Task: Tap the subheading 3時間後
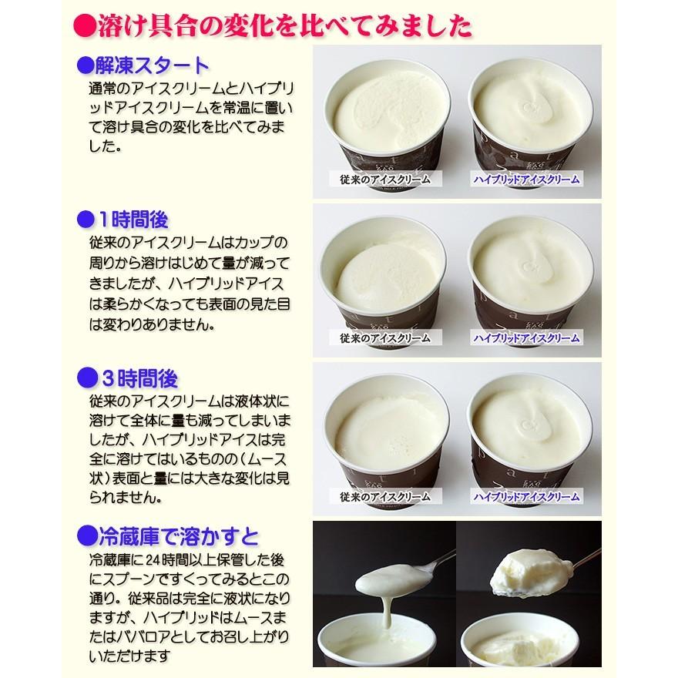pos(139,378)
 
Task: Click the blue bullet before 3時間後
pos(86,378)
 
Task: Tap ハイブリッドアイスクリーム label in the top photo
pos(526,180)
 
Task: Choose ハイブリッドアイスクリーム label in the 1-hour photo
pos(526,338)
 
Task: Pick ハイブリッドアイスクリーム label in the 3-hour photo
pos(526,496)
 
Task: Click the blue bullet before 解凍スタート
pos(85,64)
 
